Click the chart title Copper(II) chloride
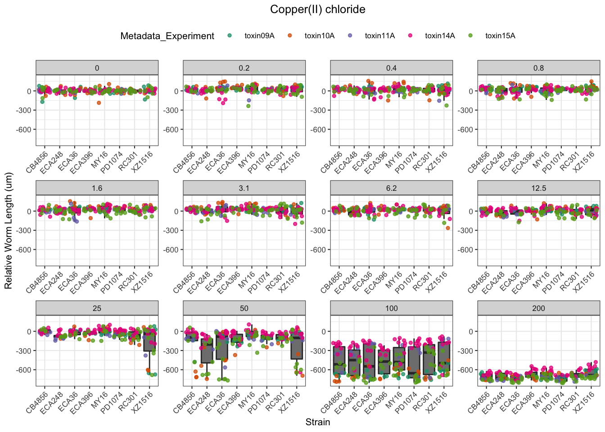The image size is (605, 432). [x=317, y=9]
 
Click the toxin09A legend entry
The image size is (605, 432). [x=259, y=36]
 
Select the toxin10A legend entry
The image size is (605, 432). [x=319, y=36]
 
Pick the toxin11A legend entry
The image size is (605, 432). [x=379, y=36]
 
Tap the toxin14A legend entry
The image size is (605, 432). [x=440, y=36]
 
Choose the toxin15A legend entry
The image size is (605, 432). [x=500, y=36]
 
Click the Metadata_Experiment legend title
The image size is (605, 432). [x=167, y=36]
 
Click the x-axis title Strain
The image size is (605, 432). [x=317, y=422]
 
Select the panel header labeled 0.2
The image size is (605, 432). [x=244, y=68]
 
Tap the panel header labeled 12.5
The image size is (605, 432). [x=538, y=188]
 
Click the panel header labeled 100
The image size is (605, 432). [x=391, y=308]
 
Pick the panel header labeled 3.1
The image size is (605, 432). [x=244, y=188]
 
